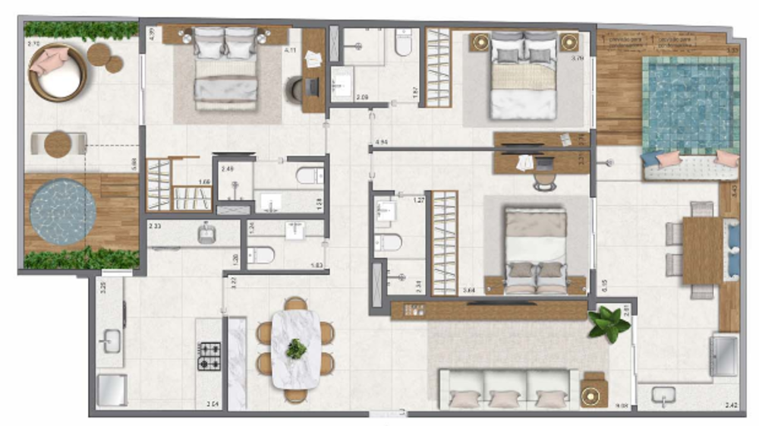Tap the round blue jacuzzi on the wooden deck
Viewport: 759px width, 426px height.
point(63,212)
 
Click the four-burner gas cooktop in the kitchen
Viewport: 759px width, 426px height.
point(209,356)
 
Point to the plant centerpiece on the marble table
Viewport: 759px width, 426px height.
point(296,349)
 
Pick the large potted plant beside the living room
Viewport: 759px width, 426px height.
point(609,324)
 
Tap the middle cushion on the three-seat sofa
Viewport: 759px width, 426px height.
point(505,396)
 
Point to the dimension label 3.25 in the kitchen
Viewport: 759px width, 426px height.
point(103,287)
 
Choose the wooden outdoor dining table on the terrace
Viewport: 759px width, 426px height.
point(702,250)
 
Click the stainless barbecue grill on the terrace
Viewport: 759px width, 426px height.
point(723,355)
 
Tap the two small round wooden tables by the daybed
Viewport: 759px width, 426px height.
point(105,57)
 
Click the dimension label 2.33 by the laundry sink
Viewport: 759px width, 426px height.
point(154,226)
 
